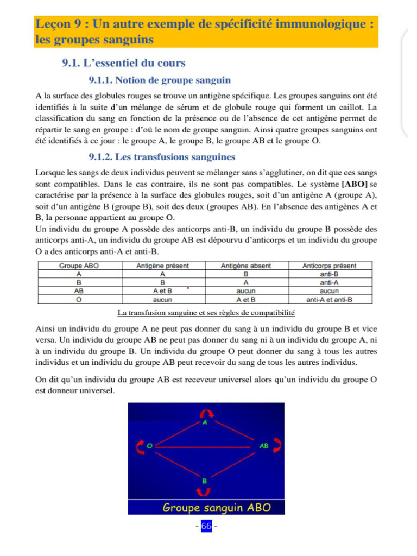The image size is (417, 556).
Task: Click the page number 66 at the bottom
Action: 206,526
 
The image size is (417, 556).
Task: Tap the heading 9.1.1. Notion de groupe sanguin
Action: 160,80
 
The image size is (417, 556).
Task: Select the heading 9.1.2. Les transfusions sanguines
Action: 162,157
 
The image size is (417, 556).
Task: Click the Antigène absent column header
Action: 246,266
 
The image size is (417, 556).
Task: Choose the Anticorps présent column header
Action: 330,266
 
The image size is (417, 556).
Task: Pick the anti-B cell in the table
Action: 330,274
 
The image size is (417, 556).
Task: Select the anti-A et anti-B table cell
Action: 330,299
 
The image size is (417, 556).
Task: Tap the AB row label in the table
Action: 79,291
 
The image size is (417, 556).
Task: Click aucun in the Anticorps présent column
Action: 330,291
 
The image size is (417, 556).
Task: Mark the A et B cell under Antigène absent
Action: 246,299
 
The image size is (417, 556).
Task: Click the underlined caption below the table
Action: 206,313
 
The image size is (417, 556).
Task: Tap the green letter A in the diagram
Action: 205,422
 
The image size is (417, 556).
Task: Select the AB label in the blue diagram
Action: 264,446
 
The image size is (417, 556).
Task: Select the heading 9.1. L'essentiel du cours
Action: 124,63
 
